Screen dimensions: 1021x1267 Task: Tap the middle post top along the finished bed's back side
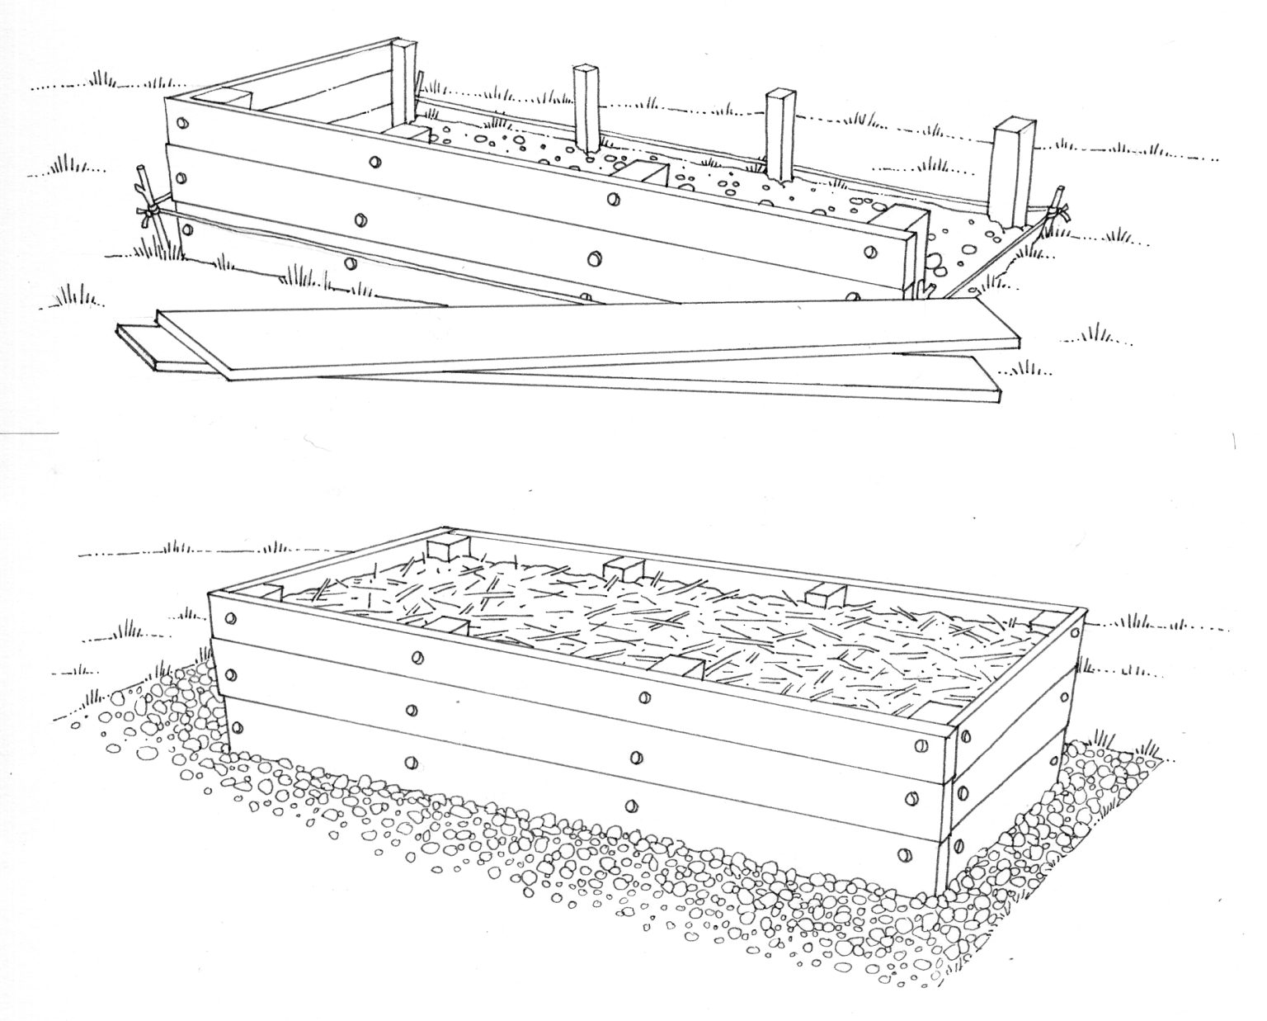click(623, 568)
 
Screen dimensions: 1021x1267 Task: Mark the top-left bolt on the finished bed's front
click(230, 618)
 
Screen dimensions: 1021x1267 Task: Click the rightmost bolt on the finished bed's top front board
click(916, 745)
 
